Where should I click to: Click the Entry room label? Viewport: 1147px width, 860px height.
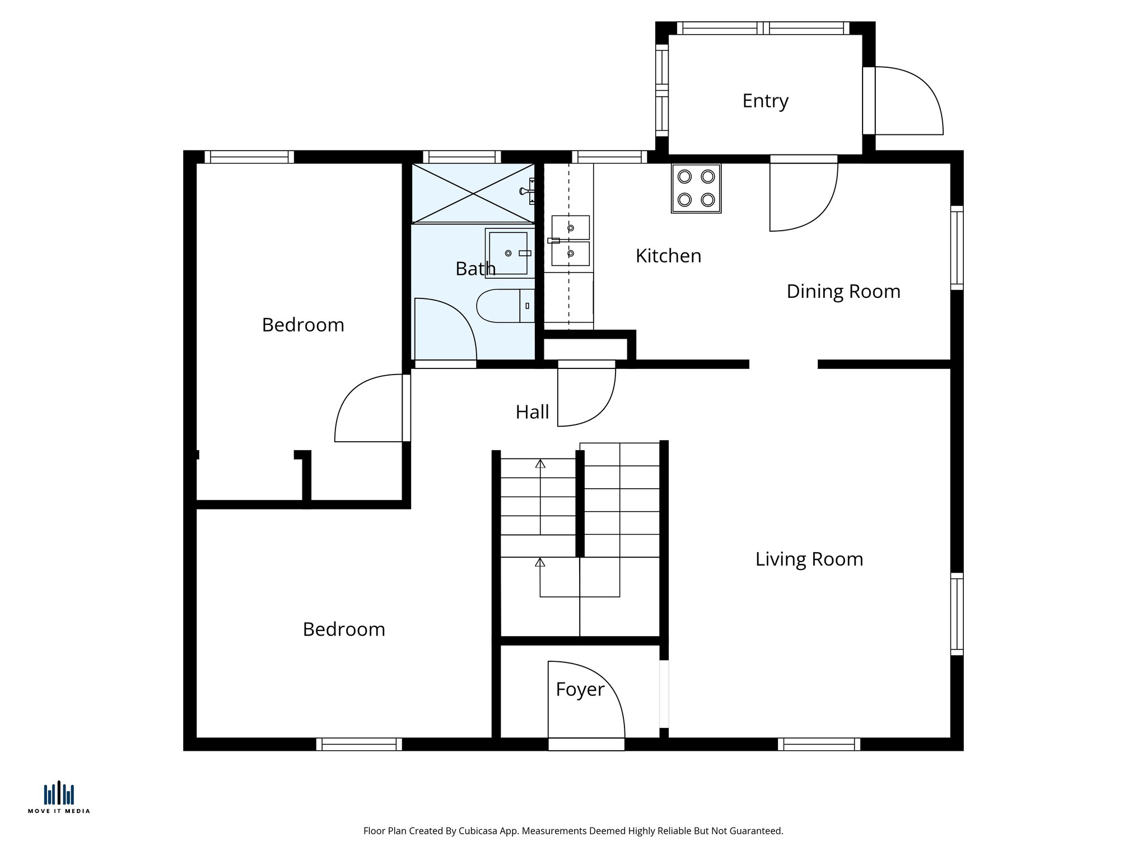tap(765, 101)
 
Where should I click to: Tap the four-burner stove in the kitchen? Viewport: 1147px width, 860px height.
tap(696, 188)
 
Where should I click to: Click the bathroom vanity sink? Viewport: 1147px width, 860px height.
tap(509, 253)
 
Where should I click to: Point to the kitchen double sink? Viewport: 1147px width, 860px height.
tap(570, 241)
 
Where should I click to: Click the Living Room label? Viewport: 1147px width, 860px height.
tap(809, 559)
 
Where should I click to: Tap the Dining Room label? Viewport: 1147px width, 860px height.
tap(843, 292)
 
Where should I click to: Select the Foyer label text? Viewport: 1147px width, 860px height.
tap(580, 689)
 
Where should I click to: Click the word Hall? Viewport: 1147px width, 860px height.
tap(532, 413)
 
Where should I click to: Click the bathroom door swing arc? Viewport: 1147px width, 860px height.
tap(445, 330)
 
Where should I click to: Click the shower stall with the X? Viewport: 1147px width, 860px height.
tap(473, 193)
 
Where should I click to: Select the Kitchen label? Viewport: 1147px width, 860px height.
tap(668, 256)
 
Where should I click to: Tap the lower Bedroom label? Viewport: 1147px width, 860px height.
tap(344, 629)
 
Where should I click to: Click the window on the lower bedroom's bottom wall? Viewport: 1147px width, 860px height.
tap(359, 744)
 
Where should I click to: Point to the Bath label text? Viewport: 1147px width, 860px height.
tap(475, 269)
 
